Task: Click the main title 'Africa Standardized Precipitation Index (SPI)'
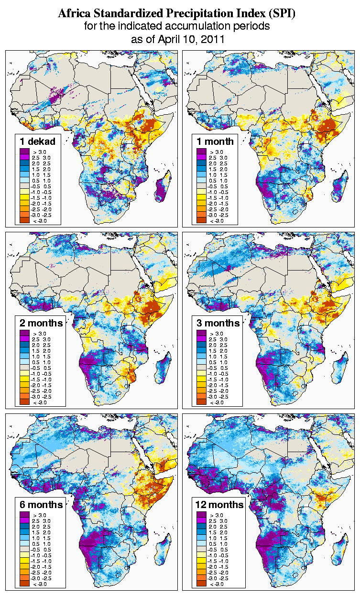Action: pos(177,13)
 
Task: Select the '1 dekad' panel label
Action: pos(38,141)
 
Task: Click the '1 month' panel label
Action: pos(215,141)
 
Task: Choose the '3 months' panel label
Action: pos(218,323)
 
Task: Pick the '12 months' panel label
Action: pos(220,505)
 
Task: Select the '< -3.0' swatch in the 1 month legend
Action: pos(201,220)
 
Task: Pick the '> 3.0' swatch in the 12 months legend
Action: pos(201,515)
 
